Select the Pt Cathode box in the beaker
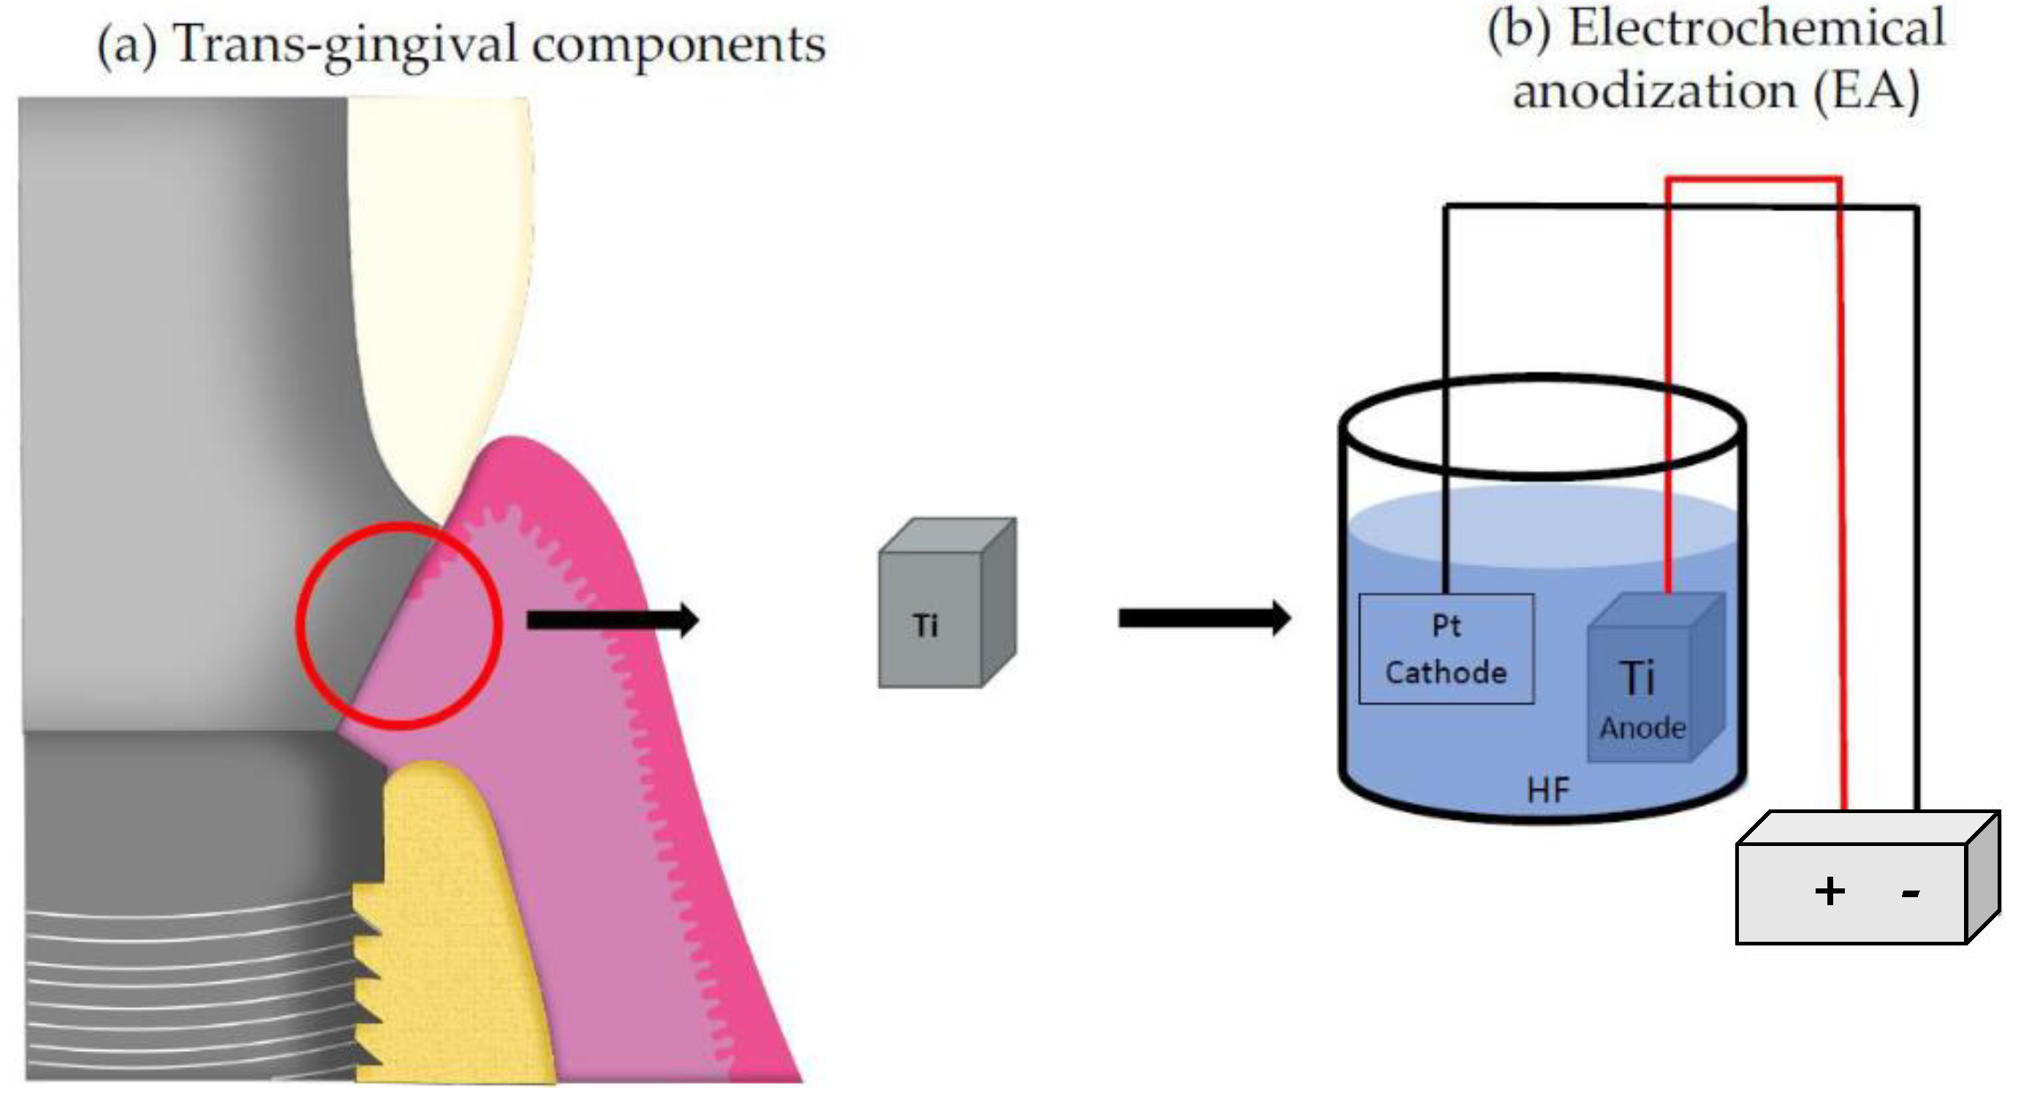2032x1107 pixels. click(x=1446, y=649)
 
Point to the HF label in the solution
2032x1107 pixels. click(x=1547, y=790)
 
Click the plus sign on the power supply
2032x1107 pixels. click(x=1829, y=891)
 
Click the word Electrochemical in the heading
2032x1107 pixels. click(x=1756, y=29)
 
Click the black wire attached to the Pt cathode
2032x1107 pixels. click(x=1446, y=395)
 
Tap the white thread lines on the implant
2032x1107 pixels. click(x=189, y=986)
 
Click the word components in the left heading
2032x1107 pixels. click(x=678, y=45)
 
